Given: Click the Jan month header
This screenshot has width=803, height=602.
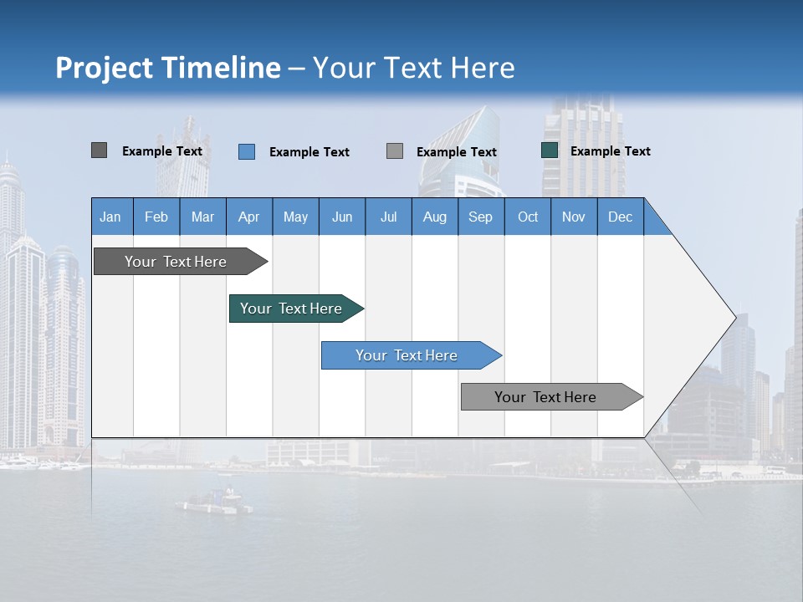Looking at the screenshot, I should pyautogui.click(x=110, y=217).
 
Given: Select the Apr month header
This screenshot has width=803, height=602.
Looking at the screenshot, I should pyautogui.click(x=248, y=217).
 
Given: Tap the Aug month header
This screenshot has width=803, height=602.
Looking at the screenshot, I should pyautogui.click(x=434, y=217).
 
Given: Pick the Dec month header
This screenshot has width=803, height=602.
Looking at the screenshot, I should pyautogui.click(x=620, y=217).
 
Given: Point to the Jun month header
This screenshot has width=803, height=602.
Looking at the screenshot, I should pyautogui.click(x=341, y=217).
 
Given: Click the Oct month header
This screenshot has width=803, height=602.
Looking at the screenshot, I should pyautogui.click(x=527, y=217).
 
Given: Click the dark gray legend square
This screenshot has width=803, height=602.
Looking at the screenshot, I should pyautogui.click(x=99, y=150).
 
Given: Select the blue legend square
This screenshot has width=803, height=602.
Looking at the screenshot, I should pyautogui.click(x=246, y=151).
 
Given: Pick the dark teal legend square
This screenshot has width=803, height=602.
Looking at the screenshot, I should pyautogui.click(x=549, y=150).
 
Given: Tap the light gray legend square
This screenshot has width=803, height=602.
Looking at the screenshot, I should pyautogui.click(x=395, y=151).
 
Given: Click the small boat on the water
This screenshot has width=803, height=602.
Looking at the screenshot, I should pyautogui.click(x=214, y=502).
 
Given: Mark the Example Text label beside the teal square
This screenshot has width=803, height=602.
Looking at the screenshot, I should pyautogui.click(x=610, y=150).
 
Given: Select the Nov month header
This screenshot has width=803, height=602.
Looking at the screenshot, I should pyautogui.click(x=573, y=217).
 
